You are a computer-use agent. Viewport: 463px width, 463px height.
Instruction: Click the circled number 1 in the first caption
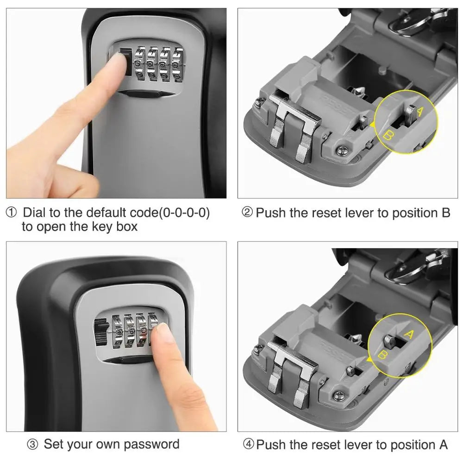pyautogui.click(x=11, y=213)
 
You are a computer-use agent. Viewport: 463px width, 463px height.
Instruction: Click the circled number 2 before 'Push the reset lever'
pyautogui.click(x=248, y=213)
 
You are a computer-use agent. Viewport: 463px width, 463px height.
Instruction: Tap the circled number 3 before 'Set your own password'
pyautogui.click(x=32, y=445)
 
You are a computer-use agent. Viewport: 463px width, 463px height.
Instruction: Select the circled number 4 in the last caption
pyautogui.click(x=249, y=445)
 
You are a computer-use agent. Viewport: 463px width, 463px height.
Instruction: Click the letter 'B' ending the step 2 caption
pyautogui.click(x=445, y=213)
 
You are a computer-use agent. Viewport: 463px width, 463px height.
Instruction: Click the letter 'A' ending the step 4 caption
pyautogui.click(x=443, y=445)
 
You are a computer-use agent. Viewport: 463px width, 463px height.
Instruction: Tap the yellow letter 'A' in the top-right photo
pyautogui.click(x=420, y=111)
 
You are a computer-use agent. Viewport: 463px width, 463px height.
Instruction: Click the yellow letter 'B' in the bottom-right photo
pyautogui.click(x=383, y=355)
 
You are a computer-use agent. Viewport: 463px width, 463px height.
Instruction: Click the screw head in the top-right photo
pyautogui.click(x=342, y=150)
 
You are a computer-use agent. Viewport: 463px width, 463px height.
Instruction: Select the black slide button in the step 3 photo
pyautogui.click(x=99, y=332)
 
